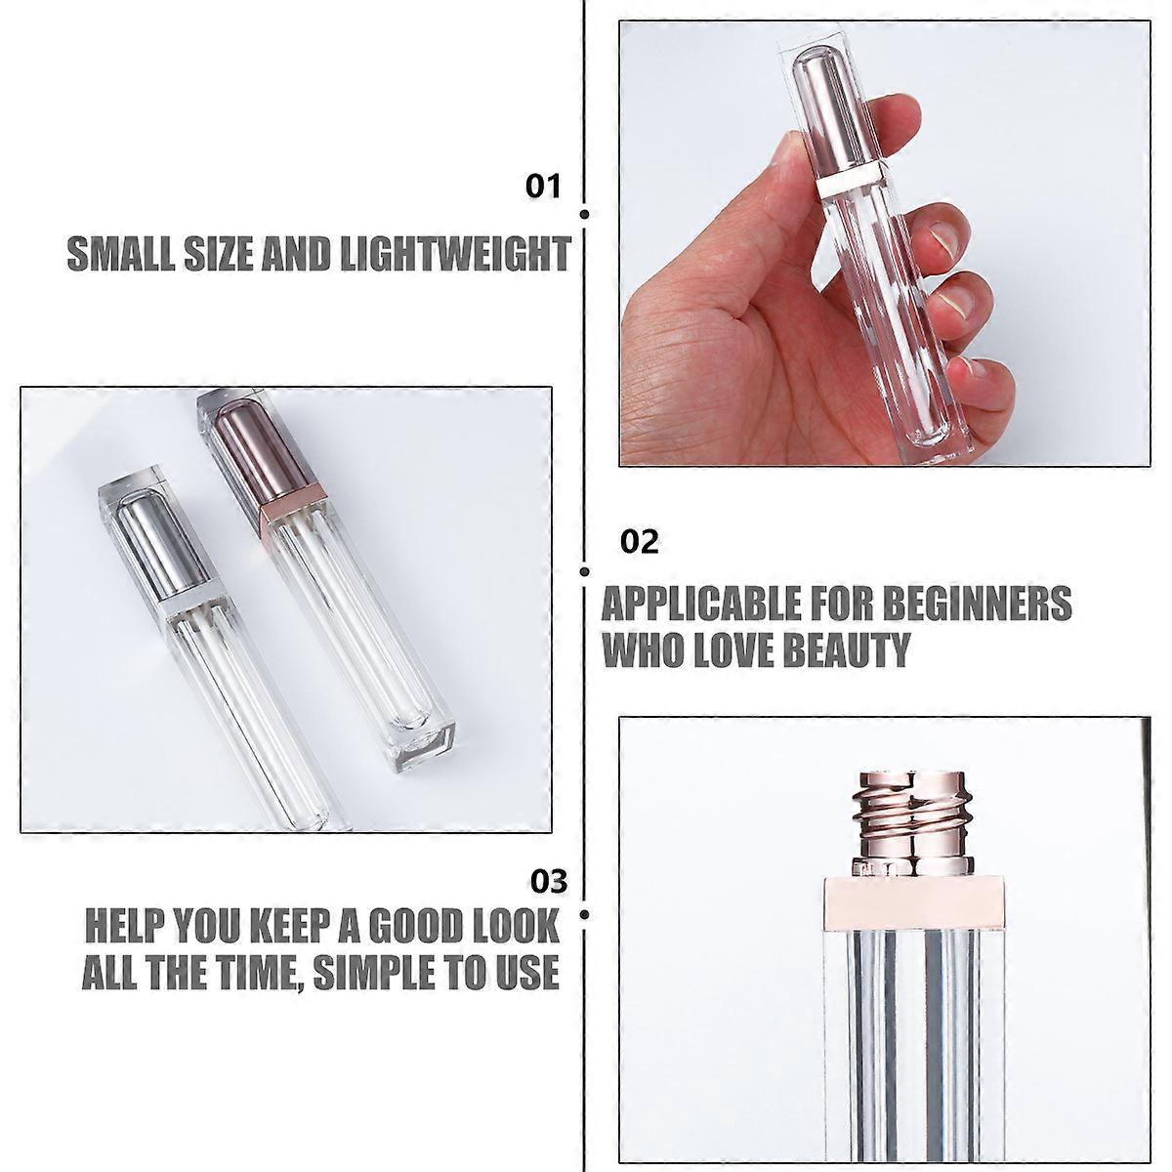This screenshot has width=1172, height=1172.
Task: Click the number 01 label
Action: point(544,186)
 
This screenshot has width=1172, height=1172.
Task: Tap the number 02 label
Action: point(640,542)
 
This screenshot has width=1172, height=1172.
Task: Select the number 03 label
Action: point(548,882)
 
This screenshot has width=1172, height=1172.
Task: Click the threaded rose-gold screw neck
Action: point(888,806)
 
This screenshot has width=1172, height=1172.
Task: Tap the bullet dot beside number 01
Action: point(584,214)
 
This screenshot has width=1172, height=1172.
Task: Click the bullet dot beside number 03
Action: point(584,914)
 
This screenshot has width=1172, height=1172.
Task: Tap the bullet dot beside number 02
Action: point(584,571)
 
